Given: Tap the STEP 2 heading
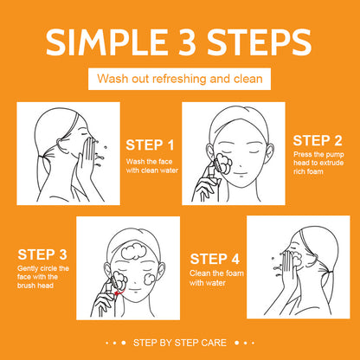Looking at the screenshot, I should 317,139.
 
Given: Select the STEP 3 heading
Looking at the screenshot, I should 42,254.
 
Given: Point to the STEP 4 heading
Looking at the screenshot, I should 215,258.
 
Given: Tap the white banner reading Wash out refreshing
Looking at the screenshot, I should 179,78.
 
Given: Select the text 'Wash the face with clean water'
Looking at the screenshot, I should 151,165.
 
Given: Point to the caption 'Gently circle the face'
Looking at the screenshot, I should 42,276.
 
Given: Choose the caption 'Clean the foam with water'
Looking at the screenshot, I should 210,278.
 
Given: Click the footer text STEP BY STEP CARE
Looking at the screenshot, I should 179,344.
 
